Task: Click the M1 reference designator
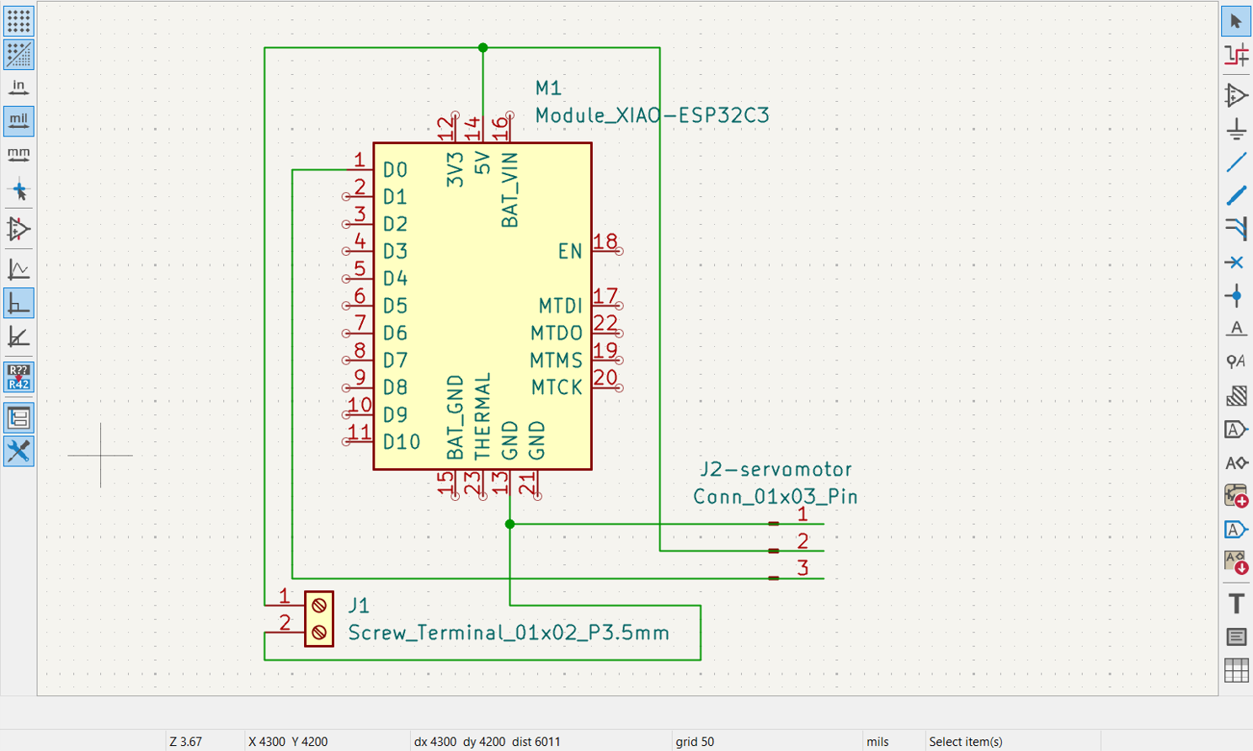pyautogui.click(x=548, y=88)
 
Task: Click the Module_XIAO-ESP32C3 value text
pyautogui.click(x=652, y=115)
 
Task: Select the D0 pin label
pyautogui.click(x=395, y=170)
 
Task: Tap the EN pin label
pyautogui.click(x=570, y=251)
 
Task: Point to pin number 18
pyautogui.click(x=605, y=242)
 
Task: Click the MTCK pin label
pyautogui.click(x=557, y=387)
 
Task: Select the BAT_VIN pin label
pyautogui.click(x=509, y=190)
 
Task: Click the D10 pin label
pyautogui.click(x=402, y=441)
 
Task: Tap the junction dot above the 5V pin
pyautogui.click(x=483, y=48)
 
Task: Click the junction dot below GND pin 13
pyautogui.click(x=509, y=524)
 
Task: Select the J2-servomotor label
pyautogui.click(x=776, y=469)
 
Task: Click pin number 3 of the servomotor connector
pyautogui.click(x=802, y=568)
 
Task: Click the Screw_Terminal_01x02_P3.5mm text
pyautogui.click(x=509, y=632)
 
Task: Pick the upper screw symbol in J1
pyautogui.click(x=319, y=605)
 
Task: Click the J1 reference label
pyautogui.click(x=359, y=605)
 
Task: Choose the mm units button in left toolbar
pyautogui.click(x=19, y=154)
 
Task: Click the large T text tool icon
pyautogui.click(x=1235, y=603)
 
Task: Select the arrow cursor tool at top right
pyautogui.click(x=1235, y=21)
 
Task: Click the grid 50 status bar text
pyautogui.click(x=694, y=742)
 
